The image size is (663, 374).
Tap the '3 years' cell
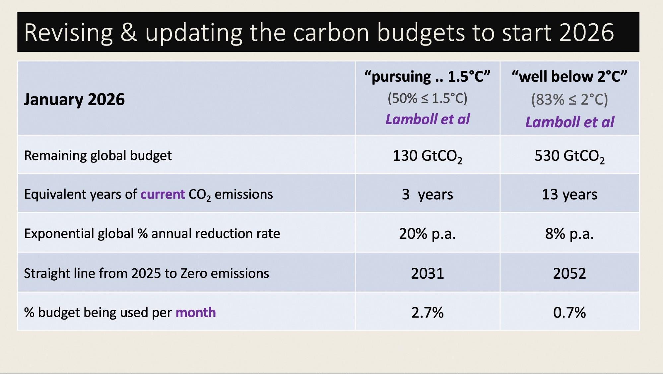click(x=427, y=194)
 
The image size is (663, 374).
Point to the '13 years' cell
click(x=569, y=194)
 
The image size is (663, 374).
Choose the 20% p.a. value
click(x=427, y=234)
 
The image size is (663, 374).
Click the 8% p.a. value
click(x=569, y=234)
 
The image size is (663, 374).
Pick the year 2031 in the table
click(x=427, y=273)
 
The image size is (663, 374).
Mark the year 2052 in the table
click(x=569, y=273)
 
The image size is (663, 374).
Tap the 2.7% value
click(x=427, y=313)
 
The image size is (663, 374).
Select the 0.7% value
click(x=569, y=313)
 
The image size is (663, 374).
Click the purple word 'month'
click(x=195, y=313)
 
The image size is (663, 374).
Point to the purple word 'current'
click(x=163, y=194)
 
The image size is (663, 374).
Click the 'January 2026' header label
click(x=74, y=99)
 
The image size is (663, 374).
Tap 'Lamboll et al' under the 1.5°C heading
click(x=427, y=119)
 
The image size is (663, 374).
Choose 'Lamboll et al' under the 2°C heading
click(x=569, y=122)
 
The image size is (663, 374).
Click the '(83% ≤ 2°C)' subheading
click(x=569, y=99)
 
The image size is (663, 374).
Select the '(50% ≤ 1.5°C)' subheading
click(x=427, y=98)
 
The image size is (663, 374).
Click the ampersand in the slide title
click(x=129, y=33)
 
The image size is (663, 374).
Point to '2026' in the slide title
click(x=586, y=33)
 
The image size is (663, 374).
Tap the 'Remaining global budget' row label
click(x=98, y=156)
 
